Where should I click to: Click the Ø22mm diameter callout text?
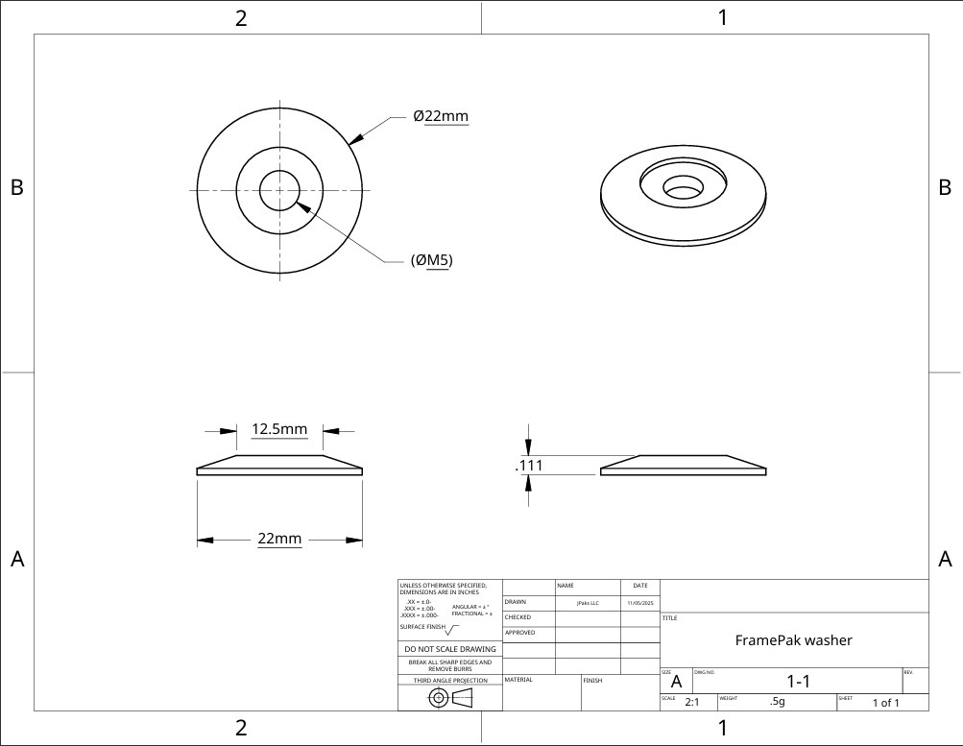pos(441,116)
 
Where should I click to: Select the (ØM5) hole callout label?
pos(431,260)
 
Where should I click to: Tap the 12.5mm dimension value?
pos(278,429)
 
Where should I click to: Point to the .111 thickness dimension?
pos(530,466)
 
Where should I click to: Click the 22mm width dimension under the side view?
pos(279,540)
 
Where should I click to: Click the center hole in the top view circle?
pos(279,190)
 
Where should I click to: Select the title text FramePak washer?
pos(793,640)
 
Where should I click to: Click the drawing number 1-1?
pos(799,682)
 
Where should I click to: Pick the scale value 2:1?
pos(691,702)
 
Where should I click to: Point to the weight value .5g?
pos(777,702)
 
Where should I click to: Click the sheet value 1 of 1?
pos(885,703)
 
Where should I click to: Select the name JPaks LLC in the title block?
pos(588,603)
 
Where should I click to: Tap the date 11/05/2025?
pos(639,603)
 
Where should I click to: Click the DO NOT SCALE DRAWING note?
pos(450,649)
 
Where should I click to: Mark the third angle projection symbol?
pos(450,697)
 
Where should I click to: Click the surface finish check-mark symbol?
pos(452,630)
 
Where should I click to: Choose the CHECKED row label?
pos(518,617)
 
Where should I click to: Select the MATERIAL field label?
pos(518,680)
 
